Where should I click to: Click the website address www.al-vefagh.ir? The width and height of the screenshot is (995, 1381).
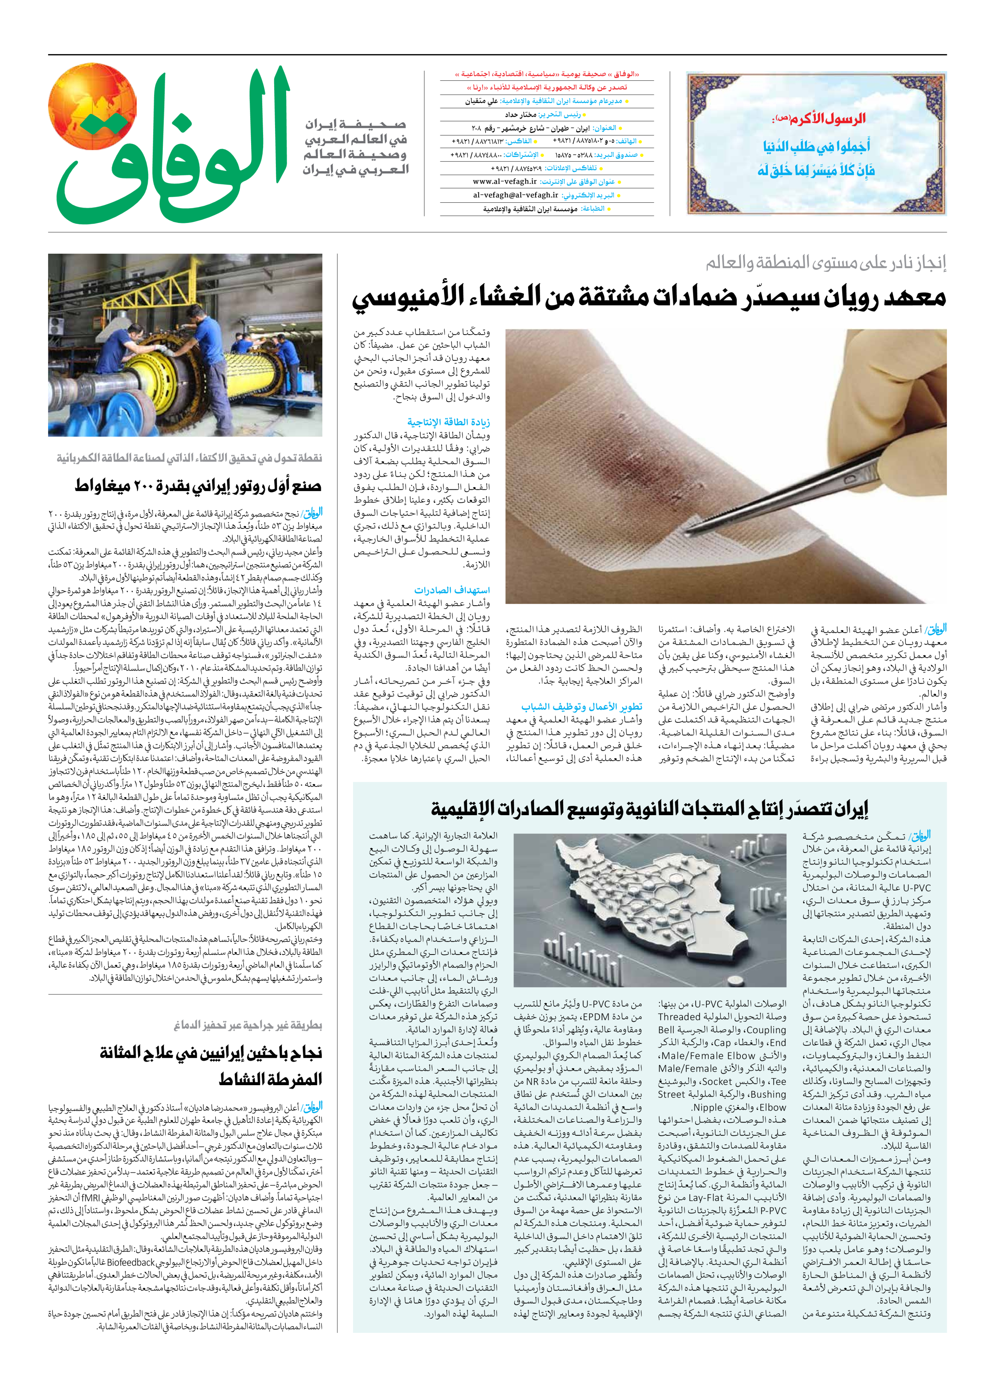(x=505, y=182)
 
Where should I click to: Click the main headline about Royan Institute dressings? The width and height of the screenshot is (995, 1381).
(x=649, y=298)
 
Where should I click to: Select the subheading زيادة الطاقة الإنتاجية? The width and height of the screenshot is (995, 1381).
(x=449, y=423)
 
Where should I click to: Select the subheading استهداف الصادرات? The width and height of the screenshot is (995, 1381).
(x=452, y=590)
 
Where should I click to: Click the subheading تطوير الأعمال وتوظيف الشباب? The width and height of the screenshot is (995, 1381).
(x=581, y=706)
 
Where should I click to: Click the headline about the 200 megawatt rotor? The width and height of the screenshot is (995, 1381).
(x=198, y=485)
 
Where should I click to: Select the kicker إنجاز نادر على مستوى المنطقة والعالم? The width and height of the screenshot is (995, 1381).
(x=826, y=263)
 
